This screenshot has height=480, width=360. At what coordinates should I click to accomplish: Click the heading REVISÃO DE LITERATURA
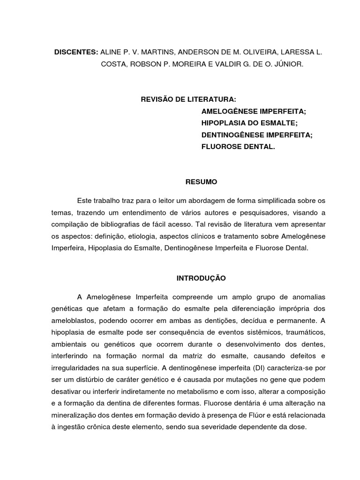coord(189,100)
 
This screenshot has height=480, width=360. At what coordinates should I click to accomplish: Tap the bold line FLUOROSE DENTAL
coord(238,146)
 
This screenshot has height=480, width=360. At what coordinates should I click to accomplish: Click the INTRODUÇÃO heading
coord(201,278)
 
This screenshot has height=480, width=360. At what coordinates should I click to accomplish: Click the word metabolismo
coord(201,390)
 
